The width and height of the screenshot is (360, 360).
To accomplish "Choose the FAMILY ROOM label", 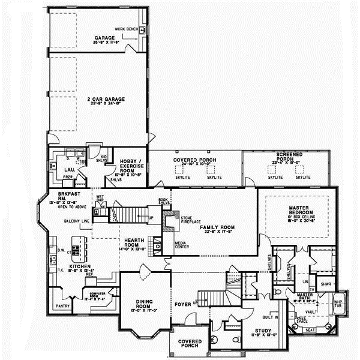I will coord(217,227).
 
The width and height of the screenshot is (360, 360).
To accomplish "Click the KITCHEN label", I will coord(80,266).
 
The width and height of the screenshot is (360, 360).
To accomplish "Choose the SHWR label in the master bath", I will coord(326,283).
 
